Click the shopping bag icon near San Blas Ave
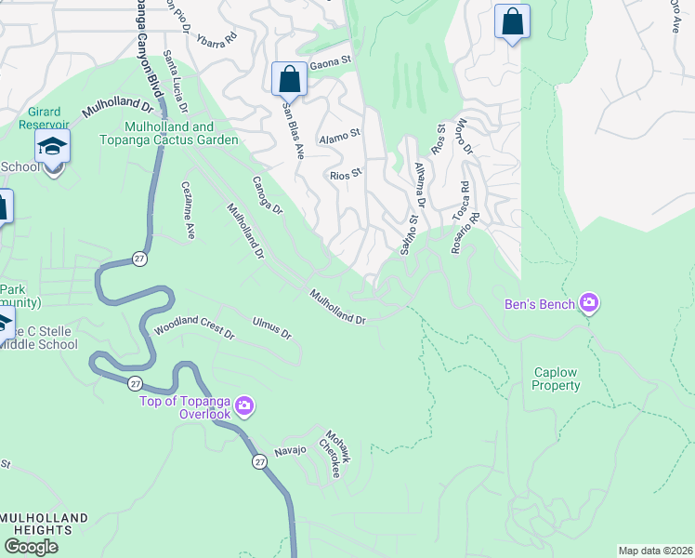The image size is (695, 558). [x=289, y=78]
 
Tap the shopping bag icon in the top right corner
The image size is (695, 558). [x=512, y=23]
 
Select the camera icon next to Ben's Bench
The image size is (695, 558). [x=588, y=303]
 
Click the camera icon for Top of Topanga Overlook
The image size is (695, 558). [x=243, y=405]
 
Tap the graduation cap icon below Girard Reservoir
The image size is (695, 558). [x=52, y=147]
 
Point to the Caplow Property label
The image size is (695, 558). [x=557, y=379]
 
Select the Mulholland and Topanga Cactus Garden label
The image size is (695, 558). [x=182, y=133]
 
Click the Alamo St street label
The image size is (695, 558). [x=339, y=135]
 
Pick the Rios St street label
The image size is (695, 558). [x=345, y=174]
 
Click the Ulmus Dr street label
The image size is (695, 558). [x=272, y=327]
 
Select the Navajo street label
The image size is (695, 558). [x=290, y=450]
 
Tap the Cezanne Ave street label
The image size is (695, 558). [x=189, y=210]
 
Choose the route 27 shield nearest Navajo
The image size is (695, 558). [x=259, y=460]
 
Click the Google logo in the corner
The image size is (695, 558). [x=31, y=547]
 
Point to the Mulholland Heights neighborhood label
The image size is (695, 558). [x=44, y=524]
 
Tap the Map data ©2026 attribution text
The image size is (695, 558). [x=655, y=551]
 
